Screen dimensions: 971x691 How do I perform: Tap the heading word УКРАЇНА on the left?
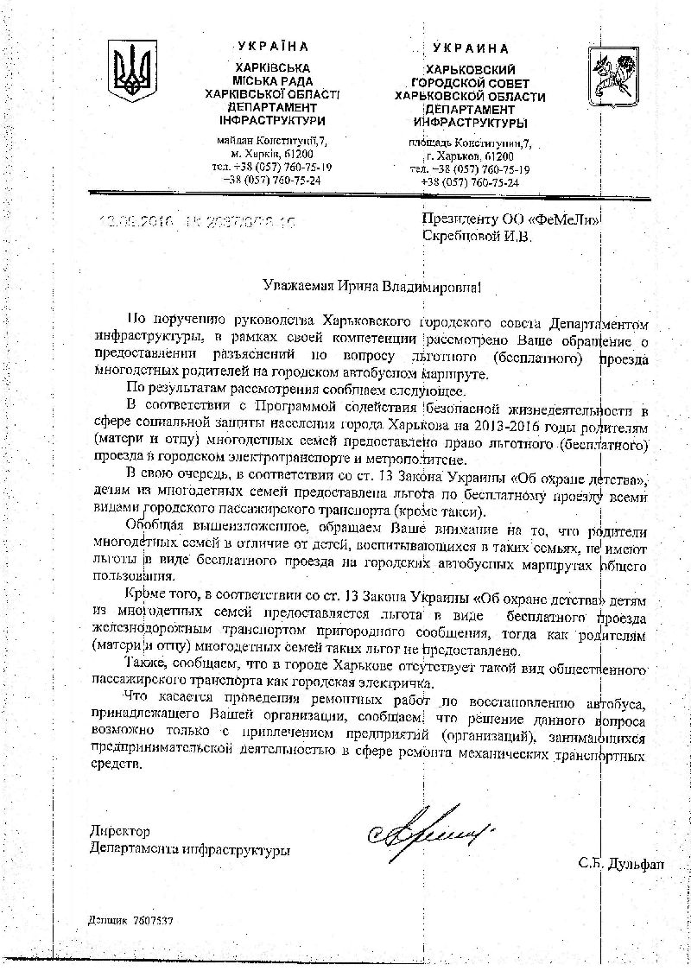point(272,47)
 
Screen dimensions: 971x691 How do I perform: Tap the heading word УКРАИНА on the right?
point(471,48)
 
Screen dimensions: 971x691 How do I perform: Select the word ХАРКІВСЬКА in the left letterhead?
point(272,67)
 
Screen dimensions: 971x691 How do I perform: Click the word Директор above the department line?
point(120,831)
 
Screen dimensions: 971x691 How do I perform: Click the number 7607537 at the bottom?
point(153,921)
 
